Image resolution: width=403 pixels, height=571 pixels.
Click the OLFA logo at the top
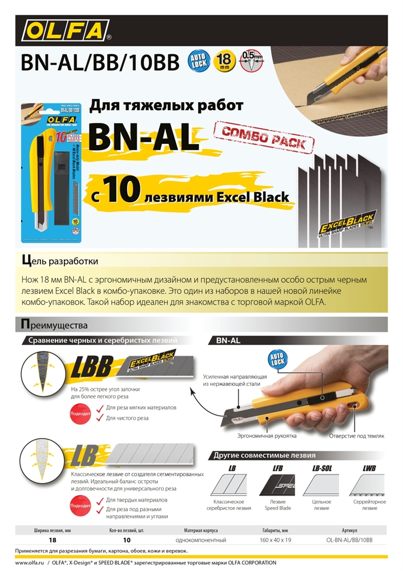(x=66, y=30)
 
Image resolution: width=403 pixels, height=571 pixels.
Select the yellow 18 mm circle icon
(x=224, y=61)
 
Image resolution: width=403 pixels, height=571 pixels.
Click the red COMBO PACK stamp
(x=264, y=136)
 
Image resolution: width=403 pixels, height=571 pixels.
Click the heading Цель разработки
(x=59, y=261)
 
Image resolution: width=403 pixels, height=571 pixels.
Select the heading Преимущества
(x=54, y=325)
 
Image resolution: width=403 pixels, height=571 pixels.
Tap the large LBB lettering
(x=92, y=369)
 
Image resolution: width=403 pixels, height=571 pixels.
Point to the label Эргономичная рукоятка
(x=267, y=436)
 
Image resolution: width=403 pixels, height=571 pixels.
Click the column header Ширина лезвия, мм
(x=52, y=530)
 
